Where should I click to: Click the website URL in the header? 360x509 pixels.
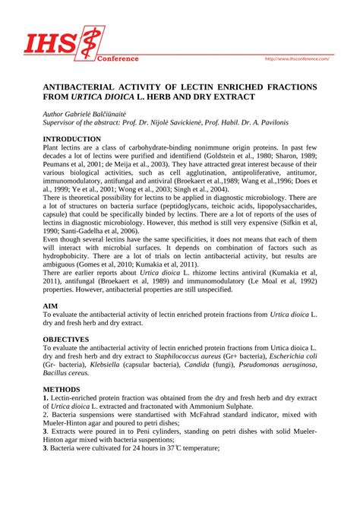pos(295,58)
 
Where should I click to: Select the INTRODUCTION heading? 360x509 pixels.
pos(72,139)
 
